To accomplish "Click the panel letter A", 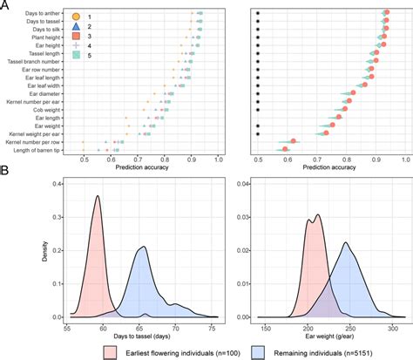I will (5, 5).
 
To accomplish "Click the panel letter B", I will (5, 173).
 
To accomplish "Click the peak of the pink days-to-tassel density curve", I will (98, 196).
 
